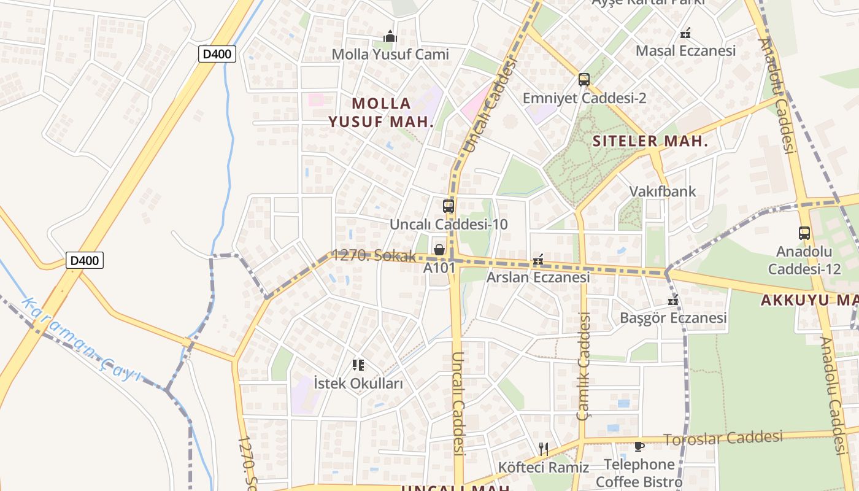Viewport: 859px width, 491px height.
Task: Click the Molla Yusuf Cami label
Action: pos(390,54)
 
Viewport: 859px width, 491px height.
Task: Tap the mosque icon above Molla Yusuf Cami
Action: pos(390,37)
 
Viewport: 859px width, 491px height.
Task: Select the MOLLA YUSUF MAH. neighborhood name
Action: pos(381,112)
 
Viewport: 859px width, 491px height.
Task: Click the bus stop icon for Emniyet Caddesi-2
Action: pos(584,80)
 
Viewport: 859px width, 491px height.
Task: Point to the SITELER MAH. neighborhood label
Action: pos(650,141)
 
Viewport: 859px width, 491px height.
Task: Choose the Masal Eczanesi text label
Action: pos(685,50)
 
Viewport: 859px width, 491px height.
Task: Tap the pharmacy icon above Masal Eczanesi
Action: pos(685,33)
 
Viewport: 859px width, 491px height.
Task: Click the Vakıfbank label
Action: pos(663,191)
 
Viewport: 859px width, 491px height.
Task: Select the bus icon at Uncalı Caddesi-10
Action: pos(449,206)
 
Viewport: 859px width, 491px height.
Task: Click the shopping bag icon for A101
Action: pos(439,250)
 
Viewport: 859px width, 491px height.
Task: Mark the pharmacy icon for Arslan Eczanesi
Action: pos(538,260)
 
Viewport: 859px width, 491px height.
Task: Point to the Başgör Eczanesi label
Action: pos(673,317)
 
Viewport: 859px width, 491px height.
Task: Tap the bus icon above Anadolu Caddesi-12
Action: pos(804,233)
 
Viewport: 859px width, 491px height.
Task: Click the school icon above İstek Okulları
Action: pos(358,366)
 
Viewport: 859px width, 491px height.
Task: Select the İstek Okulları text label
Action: pos(358,384)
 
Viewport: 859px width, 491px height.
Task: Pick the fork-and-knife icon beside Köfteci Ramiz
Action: pos(543,449)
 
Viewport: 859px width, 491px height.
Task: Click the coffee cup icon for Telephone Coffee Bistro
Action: pos(639,446)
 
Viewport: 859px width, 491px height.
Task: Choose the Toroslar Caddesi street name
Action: pos(723,438)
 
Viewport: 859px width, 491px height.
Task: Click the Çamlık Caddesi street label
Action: pos(584,366)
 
